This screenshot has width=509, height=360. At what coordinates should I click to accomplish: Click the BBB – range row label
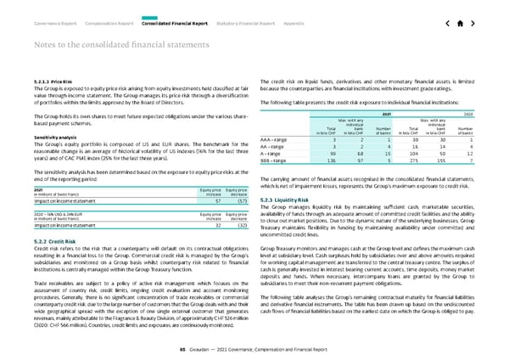pos(278,160)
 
